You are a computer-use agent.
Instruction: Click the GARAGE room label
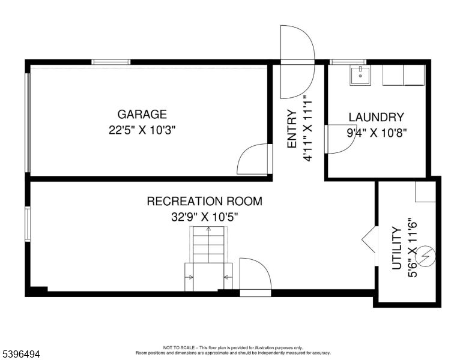[142, 114]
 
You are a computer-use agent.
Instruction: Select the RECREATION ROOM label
[204, 201]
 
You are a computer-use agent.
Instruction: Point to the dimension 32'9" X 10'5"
[204, 217]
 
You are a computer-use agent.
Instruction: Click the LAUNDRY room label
[376, 118]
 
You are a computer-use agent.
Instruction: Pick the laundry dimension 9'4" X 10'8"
[376, 133]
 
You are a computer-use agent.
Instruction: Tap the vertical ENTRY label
[292, 129]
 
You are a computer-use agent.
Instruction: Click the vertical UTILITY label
[396, 248]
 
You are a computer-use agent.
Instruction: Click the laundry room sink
[360, 75]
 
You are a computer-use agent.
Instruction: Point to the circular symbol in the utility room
[426, 257]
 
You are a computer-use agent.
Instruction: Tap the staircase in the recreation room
[208, 258]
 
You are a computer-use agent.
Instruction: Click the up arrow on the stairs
[208, 230]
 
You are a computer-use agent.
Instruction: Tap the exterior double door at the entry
[297, 62]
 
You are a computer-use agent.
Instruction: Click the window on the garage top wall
[110, 62]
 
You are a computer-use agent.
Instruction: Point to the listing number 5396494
[21, 355]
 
